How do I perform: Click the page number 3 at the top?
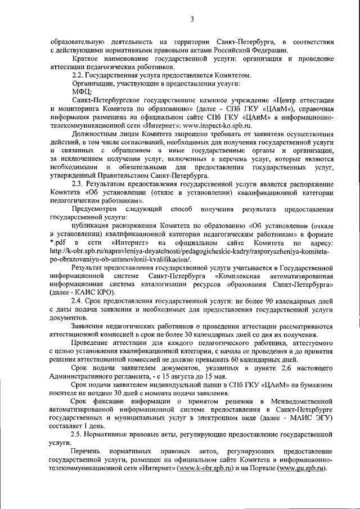click(x=191, y=20)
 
